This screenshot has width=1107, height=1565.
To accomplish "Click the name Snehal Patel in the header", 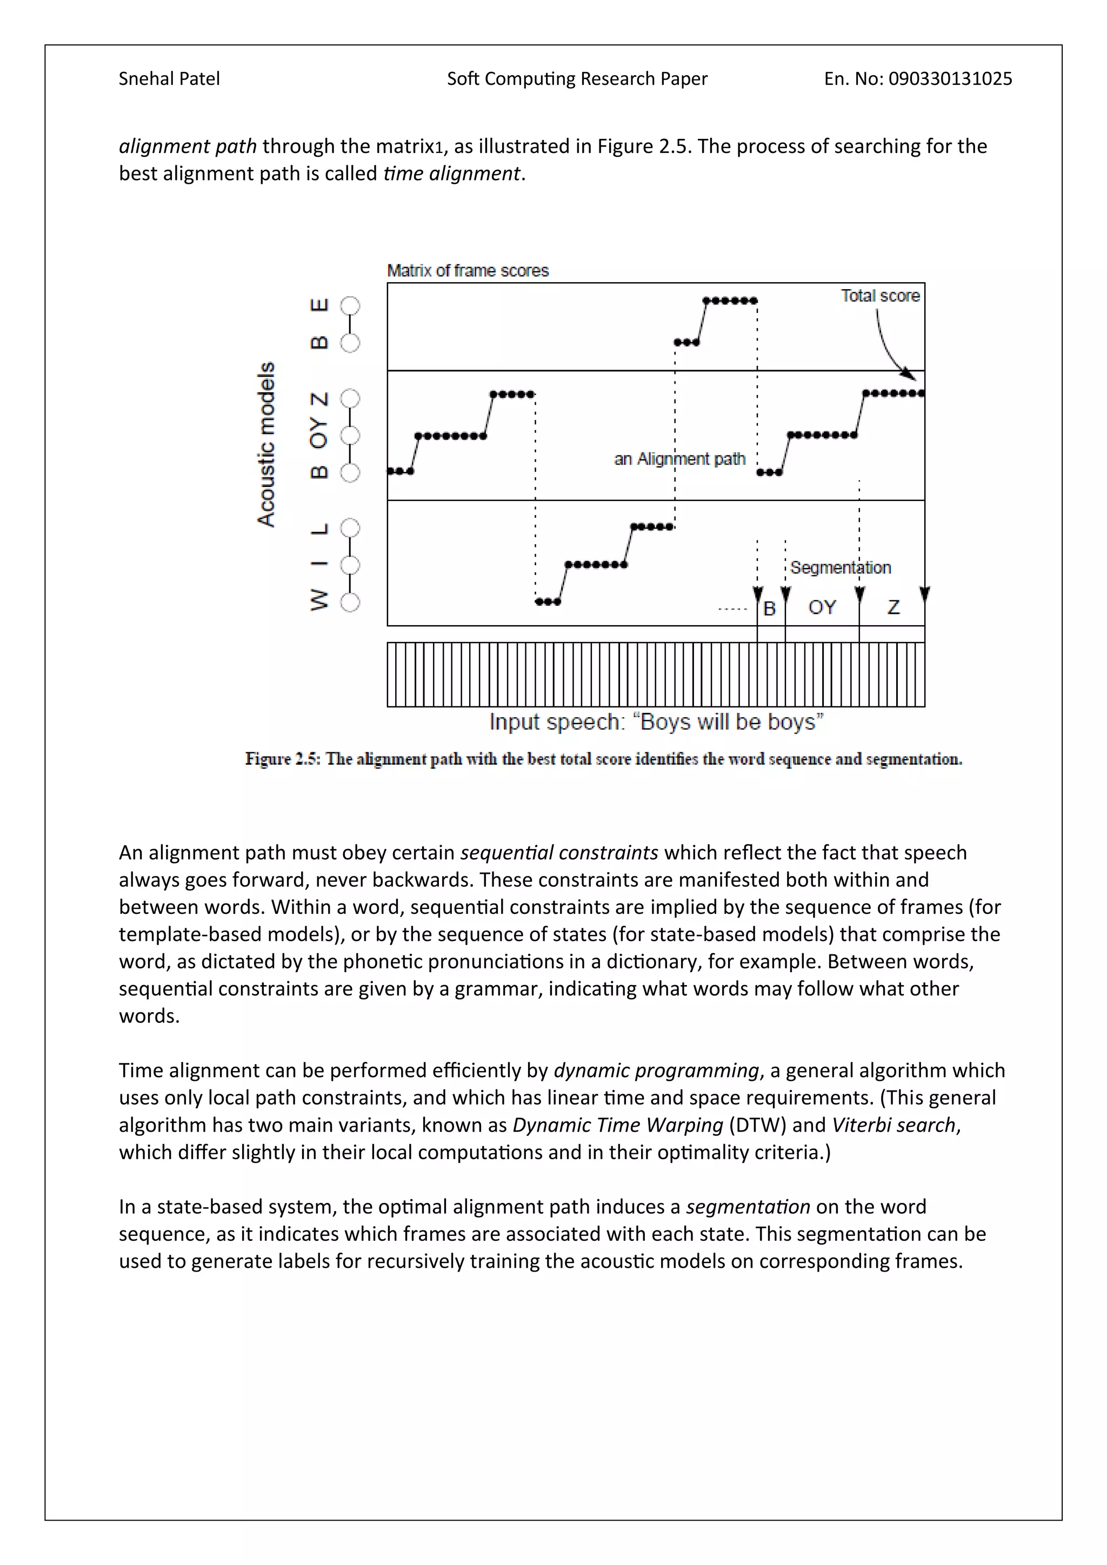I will point(169,79).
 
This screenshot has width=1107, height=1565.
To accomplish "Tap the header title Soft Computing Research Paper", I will point(577,79).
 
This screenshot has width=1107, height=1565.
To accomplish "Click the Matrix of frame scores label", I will point(468,271).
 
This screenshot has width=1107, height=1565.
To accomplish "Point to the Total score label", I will point(879,296).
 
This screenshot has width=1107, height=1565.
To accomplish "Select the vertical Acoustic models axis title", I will point(266,444).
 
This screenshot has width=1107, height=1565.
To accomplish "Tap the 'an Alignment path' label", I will point(679,459).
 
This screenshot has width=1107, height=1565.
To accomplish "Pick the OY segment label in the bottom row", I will point(822,607).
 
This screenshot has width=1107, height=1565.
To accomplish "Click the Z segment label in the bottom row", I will point(893,607).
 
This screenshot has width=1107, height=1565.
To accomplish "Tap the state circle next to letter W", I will point(350,603).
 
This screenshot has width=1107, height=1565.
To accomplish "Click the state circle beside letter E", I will point(350,305).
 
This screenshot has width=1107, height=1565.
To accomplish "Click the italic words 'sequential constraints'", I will point(559,853).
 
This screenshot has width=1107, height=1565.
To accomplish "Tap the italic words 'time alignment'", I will point(452,174).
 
